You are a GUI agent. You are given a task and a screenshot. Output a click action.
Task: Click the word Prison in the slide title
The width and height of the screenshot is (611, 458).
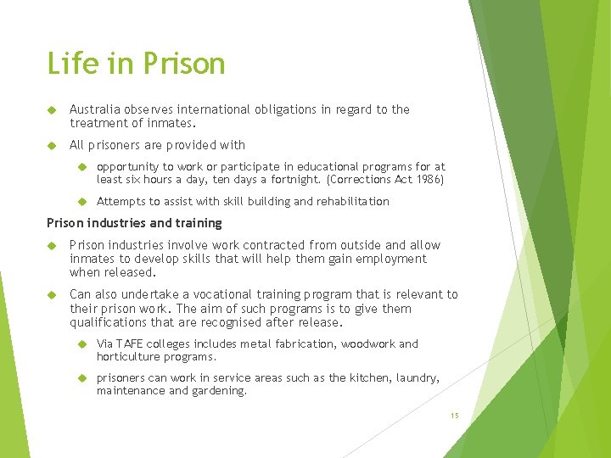(184, 64)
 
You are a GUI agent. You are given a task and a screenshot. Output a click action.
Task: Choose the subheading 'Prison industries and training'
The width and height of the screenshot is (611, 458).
(134, 223)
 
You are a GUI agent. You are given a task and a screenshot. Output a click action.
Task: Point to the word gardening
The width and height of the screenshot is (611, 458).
(220, 391)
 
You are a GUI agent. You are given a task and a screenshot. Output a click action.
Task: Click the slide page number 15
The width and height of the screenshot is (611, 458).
(455, 416)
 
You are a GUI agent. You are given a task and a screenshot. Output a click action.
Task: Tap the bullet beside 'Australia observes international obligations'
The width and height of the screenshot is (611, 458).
(51, 109)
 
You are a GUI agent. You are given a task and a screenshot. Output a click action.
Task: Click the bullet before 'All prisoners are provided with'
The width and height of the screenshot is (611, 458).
(51, 145)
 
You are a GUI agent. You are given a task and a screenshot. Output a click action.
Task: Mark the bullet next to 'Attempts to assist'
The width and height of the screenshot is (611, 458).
(82, 202)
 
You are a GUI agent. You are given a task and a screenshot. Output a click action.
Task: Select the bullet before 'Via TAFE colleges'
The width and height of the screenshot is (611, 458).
(82, 344)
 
